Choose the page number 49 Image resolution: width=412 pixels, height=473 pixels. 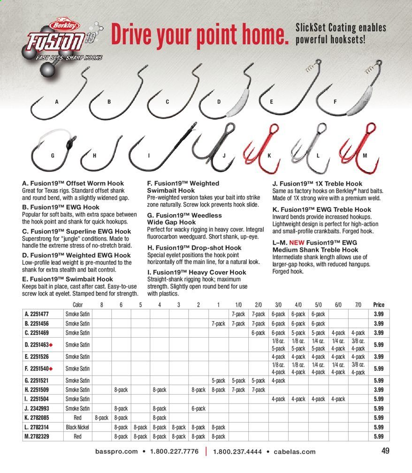(385, 451)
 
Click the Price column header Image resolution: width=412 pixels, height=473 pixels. (378, 305)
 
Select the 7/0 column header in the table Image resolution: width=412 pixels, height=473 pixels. (358, 305)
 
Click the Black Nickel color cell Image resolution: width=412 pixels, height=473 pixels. (77, 427)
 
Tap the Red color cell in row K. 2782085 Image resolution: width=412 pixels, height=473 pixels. (77, 418)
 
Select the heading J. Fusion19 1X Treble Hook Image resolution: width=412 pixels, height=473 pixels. (317, 184)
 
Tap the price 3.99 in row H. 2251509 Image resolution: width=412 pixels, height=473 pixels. (378, 389)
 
